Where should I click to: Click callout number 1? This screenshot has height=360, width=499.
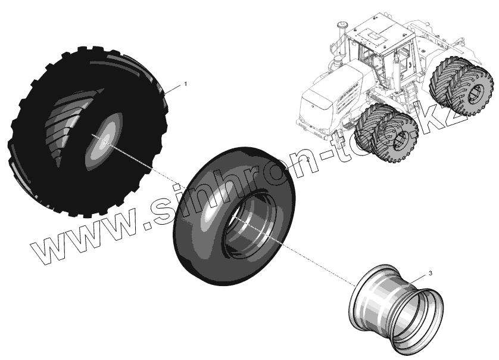185,85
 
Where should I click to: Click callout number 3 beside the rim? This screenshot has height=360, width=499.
431,274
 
